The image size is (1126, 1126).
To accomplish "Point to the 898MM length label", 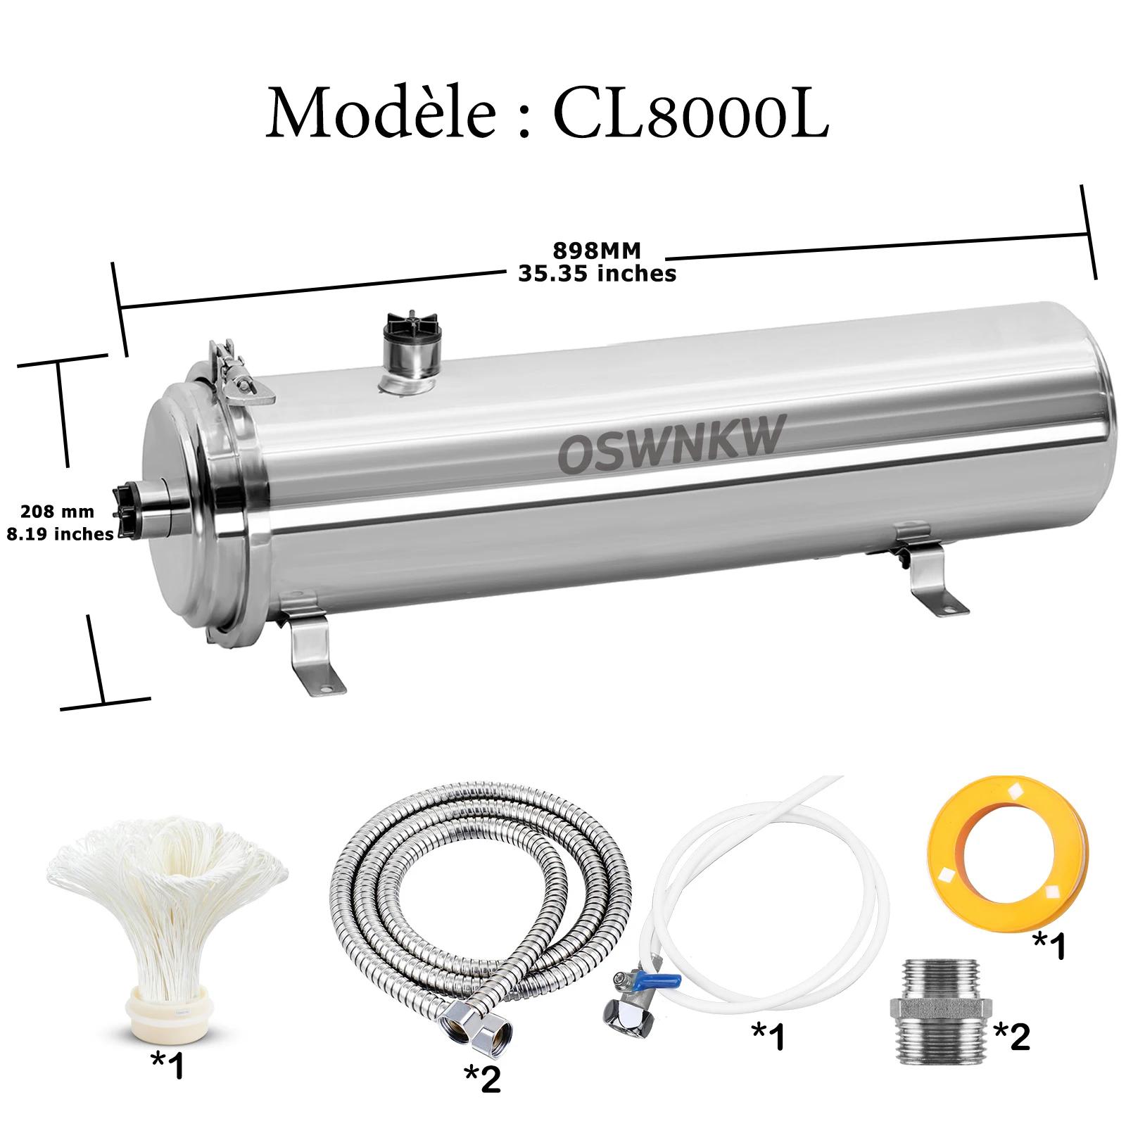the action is click(597, 251).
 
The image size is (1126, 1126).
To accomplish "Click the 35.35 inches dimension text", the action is click(597, 273).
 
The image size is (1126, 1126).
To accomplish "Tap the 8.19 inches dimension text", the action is click(60, 534).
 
